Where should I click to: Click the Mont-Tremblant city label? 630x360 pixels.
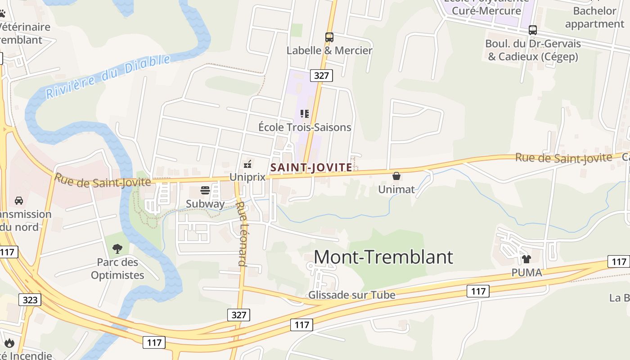383,257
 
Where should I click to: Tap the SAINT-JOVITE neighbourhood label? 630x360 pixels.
311,167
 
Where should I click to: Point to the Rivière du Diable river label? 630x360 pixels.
108,76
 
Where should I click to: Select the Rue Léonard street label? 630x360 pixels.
242,234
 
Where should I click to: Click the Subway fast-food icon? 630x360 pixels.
205,190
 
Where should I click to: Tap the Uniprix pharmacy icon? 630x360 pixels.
247,164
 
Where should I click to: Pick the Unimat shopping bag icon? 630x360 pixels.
396,176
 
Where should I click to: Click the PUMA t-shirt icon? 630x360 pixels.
526,259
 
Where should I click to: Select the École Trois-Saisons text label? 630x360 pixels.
305,127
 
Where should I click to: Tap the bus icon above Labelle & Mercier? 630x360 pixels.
329,37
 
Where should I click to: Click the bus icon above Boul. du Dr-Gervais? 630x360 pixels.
533,30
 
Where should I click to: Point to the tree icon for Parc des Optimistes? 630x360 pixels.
117,248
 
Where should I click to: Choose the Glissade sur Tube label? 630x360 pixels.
351,295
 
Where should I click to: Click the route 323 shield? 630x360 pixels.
30,300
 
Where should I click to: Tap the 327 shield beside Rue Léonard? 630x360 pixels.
238,315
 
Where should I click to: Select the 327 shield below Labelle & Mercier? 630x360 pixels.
321,75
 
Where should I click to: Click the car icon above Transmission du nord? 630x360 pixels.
19,201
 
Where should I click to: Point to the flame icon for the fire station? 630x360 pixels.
9,343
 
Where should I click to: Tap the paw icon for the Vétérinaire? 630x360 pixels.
2,13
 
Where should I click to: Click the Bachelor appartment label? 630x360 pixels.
594,17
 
